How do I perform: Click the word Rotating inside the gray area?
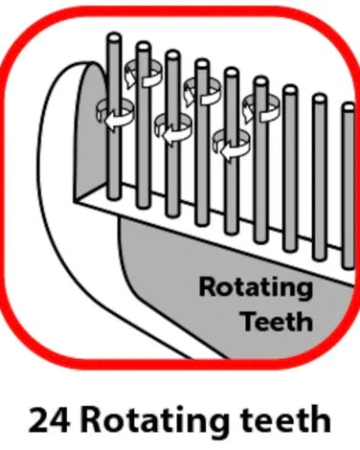pyautogui.click(x=255, y=287)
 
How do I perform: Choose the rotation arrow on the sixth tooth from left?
pyautogui.click(x=260, y=108)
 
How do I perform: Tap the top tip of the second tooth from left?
pyautogui.click(x=143, y=45)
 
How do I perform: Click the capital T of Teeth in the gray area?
pyautogui.click(x=245, y=321)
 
